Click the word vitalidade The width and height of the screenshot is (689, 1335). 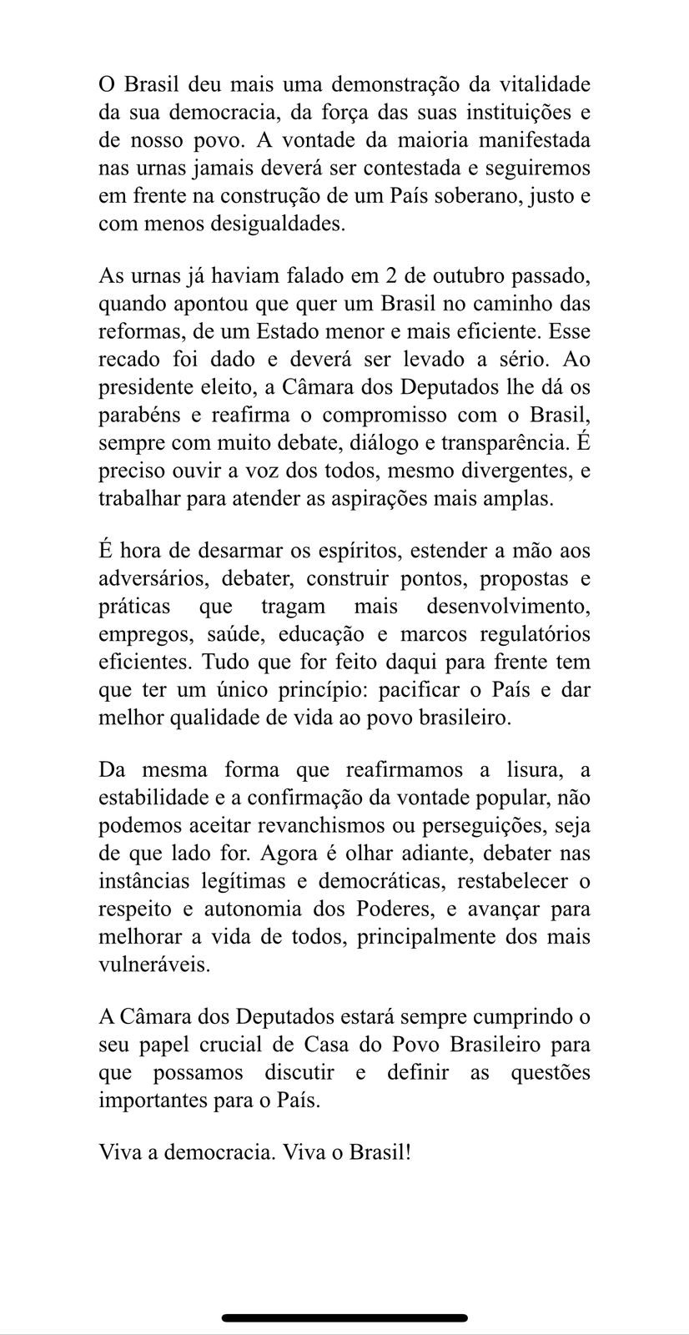[545, 85]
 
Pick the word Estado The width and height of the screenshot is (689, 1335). [317, 332]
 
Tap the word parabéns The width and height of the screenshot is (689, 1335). [133, 415]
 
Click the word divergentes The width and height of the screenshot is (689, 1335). [506, 471]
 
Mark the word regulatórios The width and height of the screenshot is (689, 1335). [525, 634]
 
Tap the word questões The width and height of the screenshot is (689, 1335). [551, 1073]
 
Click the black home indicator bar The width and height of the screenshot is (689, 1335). [344, 1317]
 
